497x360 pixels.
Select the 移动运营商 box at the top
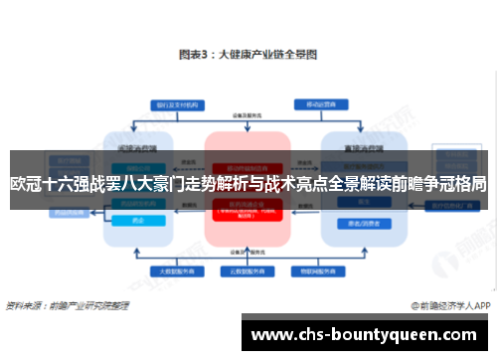click(x=317, y=103)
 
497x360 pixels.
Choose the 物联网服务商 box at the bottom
click(x=317, y=270)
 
